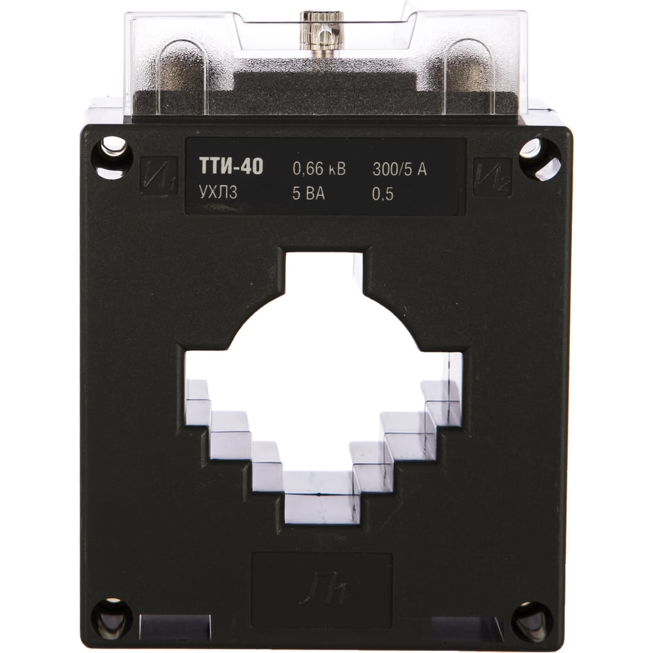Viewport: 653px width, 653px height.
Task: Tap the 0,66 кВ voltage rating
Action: [x=319, y=169]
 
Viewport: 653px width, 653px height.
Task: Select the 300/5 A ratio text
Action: [x=399, y=169]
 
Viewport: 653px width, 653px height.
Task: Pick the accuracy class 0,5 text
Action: [x=384, y=194]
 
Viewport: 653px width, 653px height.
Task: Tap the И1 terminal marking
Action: [x=159, y=176]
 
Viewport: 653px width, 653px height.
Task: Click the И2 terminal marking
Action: [x=492, y=176]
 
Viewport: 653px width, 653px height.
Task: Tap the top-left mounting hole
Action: [x=112, y=155]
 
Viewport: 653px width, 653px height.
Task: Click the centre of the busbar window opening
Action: [x=323, y=385]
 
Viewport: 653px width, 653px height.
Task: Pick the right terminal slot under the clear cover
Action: [x=469, y=72]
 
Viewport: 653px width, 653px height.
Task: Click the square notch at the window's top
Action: [x=323, y=274]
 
